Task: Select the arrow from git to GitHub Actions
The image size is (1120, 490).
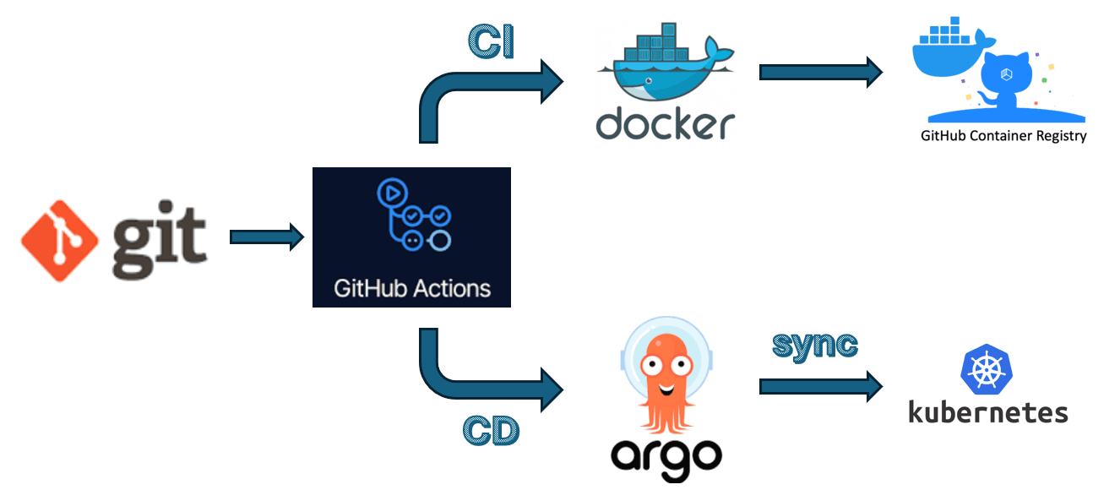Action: pos(266,237)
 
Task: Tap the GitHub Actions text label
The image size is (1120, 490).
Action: pos(411,288)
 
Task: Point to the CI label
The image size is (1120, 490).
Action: pos(491,42)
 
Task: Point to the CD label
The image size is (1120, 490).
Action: pos(491,431)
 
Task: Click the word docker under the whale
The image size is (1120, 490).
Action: pos(665,123)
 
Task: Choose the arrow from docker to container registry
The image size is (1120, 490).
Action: pos(820,72)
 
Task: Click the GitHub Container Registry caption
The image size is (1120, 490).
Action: pos(1003,136)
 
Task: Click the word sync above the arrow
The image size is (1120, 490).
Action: pos(815,345)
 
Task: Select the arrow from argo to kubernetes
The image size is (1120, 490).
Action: pos(820,386)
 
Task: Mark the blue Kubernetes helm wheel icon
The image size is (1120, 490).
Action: pos(986,368)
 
